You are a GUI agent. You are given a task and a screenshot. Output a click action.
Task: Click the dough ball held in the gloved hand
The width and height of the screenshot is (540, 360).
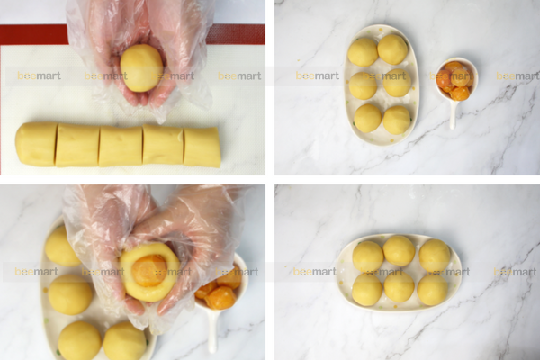[x=141, y=67]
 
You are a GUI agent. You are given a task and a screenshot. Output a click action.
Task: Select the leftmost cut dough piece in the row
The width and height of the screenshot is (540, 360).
[x=36, y=144]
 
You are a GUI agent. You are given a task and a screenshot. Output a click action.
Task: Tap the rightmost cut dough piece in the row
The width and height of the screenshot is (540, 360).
[x=202, y=147]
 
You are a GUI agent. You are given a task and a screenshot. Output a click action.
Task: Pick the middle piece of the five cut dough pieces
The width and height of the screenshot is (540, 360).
[x=120, y=146]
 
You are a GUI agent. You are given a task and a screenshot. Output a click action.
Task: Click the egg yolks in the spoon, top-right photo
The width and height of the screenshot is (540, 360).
[x=454, y=80]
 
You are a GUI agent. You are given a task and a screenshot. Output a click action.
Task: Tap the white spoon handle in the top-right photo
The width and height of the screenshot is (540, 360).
[x=454, y=114]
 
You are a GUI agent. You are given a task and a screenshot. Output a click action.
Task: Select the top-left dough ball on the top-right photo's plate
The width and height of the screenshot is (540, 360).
[x=364, y=51]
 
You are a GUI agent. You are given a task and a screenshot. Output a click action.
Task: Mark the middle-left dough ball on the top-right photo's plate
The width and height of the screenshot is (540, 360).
[x=363, y=85]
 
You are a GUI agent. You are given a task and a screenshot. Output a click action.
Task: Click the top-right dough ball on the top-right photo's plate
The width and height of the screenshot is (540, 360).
[x=392, y=49]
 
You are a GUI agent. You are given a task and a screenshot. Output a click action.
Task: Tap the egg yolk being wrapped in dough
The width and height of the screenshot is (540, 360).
[x=149, y=269]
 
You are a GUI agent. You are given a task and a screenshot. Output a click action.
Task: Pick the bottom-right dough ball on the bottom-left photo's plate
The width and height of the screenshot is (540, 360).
[x=124, y=342]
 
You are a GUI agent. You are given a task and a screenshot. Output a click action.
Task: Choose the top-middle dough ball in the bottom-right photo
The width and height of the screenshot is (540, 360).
[x=399, y=250]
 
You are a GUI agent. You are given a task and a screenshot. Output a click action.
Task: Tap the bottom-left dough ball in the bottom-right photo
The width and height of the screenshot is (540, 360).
[x=367, y=289]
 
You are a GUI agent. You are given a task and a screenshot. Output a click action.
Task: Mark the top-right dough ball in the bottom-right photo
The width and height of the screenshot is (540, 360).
[x=434, y=256]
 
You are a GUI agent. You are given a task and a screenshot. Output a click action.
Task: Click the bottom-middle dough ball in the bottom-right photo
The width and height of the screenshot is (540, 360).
[x=400, y=287]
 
